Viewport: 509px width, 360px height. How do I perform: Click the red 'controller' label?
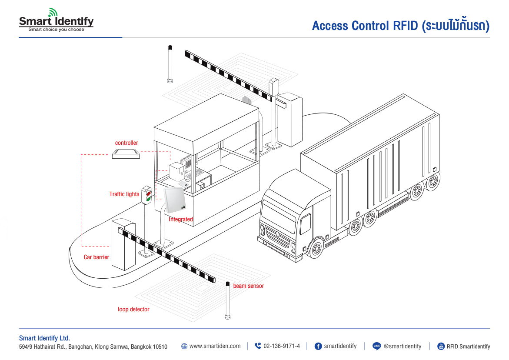tap(126, 143)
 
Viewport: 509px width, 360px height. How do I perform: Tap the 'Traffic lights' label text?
tap(124, 194)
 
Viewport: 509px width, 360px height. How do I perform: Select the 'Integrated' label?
tap(181, 220)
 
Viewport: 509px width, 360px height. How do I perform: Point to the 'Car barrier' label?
tap(96, 257)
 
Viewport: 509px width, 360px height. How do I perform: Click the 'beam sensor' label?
tap(249, 286)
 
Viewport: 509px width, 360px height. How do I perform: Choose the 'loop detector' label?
tap(133, 310)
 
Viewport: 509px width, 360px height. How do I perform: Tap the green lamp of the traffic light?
tap(148, 200)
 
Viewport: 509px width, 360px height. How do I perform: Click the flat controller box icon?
tap(126, 153)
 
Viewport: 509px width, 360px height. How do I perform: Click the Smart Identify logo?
tap(56, 20)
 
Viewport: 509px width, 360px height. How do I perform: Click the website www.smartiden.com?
tap(215, 347)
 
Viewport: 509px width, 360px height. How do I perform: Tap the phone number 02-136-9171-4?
tap(281, 347)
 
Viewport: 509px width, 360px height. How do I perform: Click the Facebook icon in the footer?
tap(318, 347)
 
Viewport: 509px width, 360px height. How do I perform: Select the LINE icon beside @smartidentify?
tap(377, 347)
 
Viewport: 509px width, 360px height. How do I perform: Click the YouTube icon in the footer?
tap(441, 347)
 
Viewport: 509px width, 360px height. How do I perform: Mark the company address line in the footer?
tap(93, 347)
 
